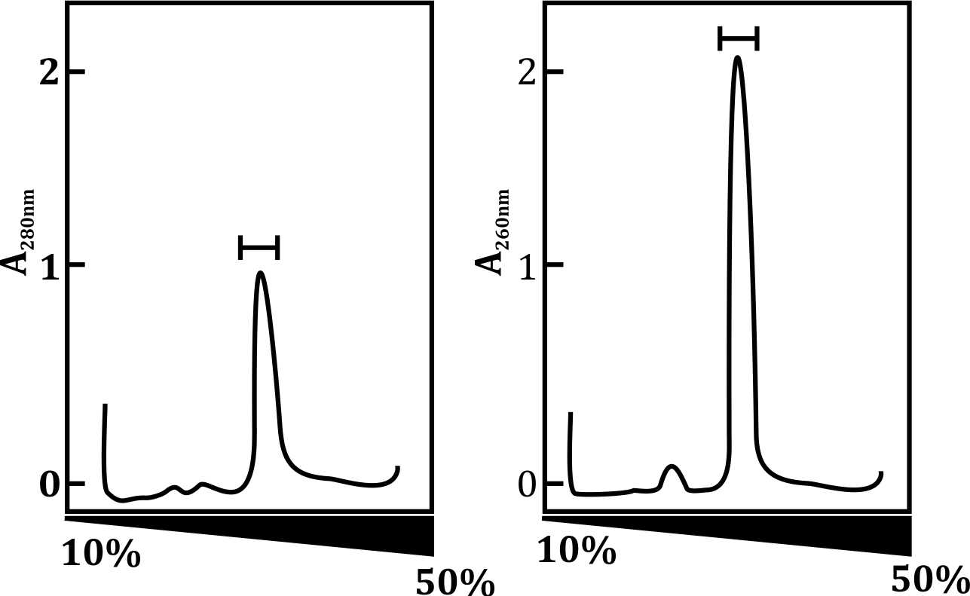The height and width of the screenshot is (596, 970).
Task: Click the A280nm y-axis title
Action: tap(26, 232)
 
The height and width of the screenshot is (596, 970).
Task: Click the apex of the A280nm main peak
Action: tap(260, 274)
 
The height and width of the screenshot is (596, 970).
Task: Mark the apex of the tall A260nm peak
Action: tap(737, 57)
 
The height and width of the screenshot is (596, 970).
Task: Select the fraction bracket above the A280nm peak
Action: tap(259, 247)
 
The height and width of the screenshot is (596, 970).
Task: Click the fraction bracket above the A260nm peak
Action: tap(738, 38)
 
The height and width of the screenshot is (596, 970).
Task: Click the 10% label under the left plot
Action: tap(100, 555)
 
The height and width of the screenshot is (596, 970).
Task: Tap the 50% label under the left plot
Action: tap(454, 582)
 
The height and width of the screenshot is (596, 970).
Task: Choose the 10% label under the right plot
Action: tap(577, 552)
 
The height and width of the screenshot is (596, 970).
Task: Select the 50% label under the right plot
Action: tap(929, 580)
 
